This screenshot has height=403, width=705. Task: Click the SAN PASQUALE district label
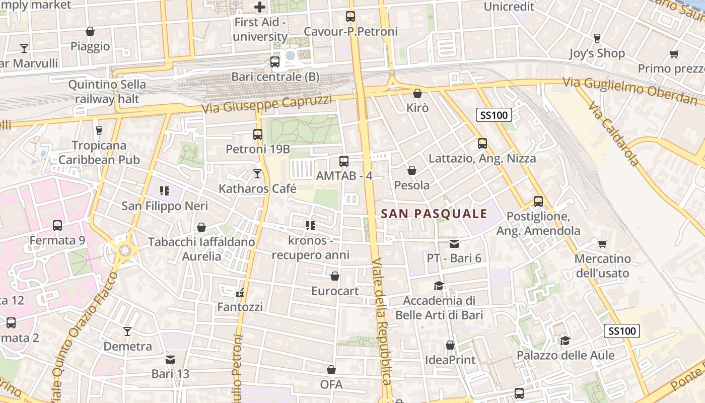click(434, 214)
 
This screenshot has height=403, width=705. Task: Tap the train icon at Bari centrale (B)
click(274, 62)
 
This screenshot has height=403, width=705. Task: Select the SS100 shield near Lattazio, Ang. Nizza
click(493, 115)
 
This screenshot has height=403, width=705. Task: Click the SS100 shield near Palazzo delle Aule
click(621, 331)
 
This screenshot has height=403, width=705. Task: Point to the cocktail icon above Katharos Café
click(257, 174)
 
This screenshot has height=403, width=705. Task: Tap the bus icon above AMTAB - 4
click(344, 161)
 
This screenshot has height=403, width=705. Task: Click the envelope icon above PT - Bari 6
click(454, 244)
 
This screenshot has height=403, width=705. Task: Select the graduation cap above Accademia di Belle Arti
click(439, 286)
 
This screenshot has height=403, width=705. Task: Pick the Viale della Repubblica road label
click(381, 322)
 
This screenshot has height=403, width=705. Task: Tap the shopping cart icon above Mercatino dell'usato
click(602, 244)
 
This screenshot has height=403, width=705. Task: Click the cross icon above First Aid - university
click(260, 7)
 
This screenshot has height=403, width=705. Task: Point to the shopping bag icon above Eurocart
click(335, 276)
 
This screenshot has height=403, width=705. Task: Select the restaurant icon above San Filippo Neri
click(164, 191)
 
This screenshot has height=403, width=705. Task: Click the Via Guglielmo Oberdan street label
click(629, 91)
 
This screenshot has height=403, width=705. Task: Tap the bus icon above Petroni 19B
click(258, 135)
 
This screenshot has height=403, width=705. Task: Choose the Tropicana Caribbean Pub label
click(99, 153)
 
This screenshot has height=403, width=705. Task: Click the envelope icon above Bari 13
click(170, 360)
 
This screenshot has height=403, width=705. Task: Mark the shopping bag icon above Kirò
click(417, 93)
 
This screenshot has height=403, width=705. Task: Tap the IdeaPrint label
click(450, 360)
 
